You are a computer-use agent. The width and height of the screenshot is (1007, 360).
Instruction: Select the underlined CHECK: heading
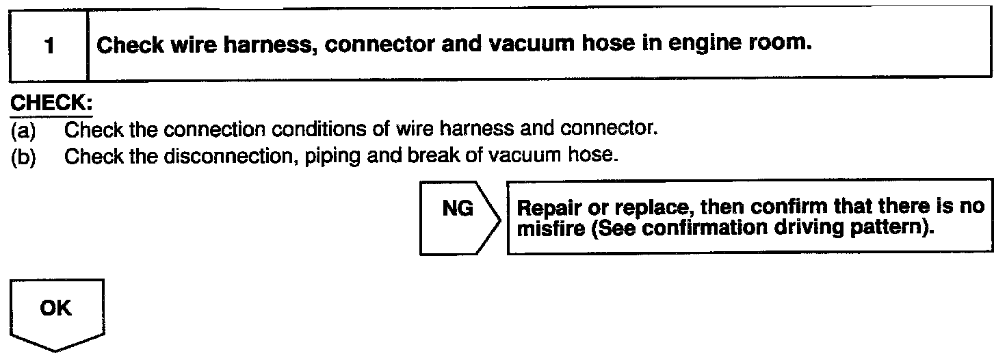click(x=51, y=104)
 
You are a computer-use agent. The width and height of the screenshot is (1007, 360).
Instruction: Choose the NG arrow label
click(x=457, y=209)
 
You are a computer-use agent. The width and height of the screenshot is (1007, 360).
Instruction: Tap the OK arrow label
click(x=55, y=309)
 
